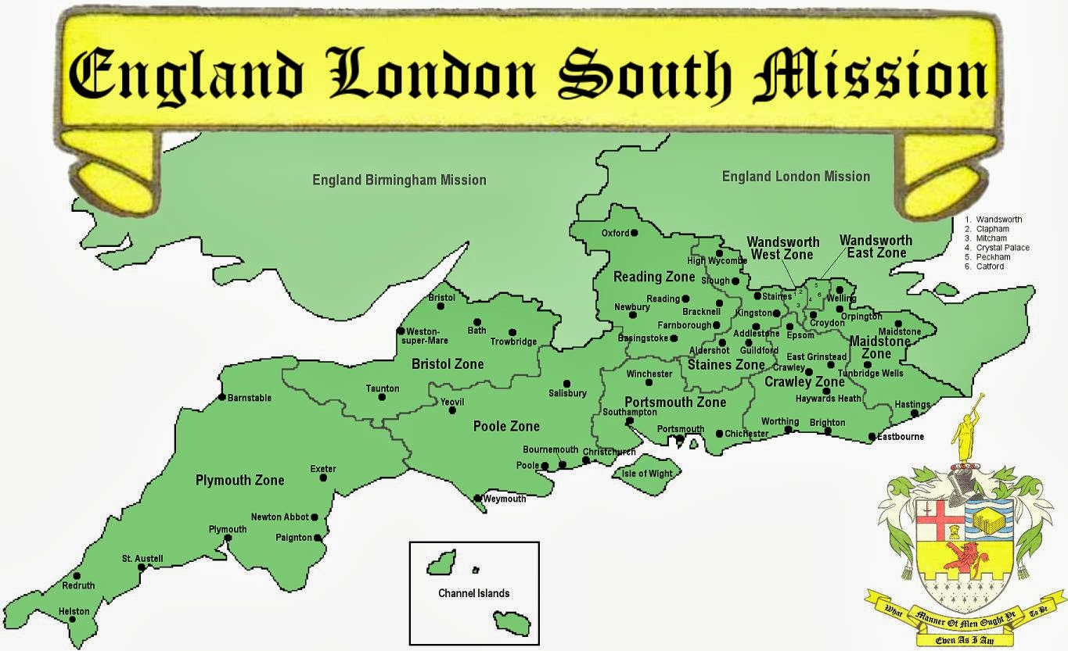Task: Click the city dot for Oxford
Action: coord(635,232)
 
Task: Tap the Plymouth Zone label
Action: coord(239,480)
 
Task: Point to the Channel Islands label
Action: coord(473,593)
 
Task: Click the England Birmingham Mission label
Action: coord(399,180)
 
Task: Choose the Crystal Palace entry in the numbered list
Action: coord(1002,248)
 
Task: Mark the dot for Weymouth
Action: coord(478,498)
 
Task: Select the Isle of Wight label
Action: coord(645,474)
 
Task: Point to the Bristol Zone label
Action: coord(448,364)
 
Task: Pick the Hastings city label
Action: coord(912,404)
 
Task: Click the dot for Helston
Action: coord(73,620)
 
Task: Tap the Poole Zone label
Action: coord(506,426)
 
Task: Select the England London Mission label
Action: coord(796,177)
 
